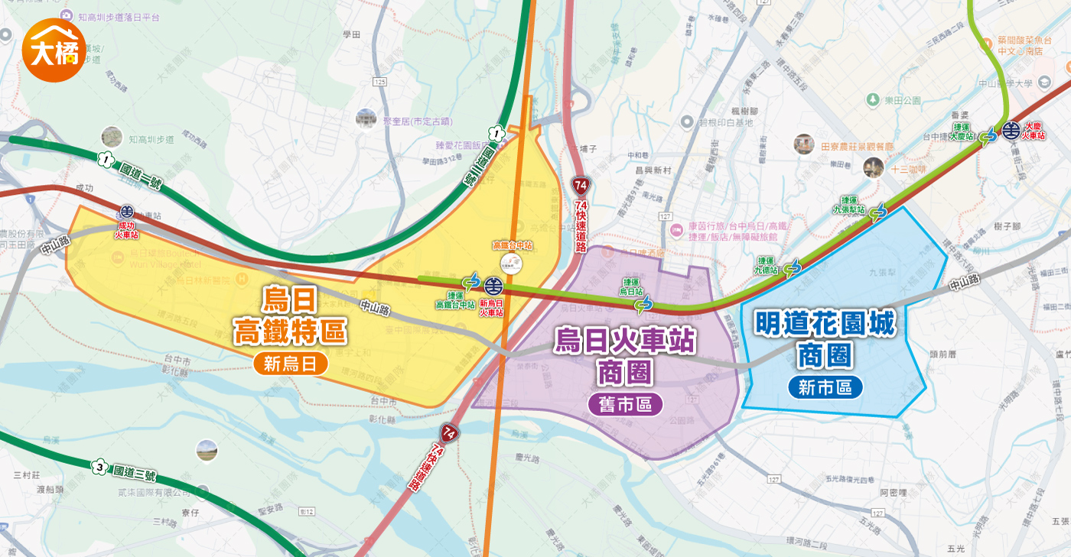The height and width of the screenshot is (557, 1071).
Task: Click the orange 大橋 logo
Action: click(x=54, y=50)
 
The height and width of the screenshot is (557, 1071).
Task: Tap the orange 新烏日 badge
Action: click(x=290, y=364)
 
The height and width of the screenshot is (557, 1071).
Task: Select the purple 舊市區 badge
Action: click(x=625, y=403)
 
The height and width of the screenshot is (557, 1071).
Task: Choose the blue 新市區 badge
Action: click(x=825, y=387)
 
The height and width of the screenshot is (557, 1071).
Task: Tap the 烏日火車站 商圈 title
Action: click(x=625, y=355)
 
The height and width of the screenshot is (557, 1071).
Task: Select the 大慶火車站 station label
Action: click(x=1034, y=131)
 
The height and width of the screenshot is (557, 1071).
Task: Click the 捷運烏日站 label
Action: click(x=631, y=287)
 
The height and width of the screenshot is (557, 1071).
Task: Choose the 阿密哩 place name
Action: click(x=893, y=493)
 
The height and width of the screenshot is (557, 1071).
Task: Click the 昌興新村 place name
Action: click(x=653, y=170)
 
